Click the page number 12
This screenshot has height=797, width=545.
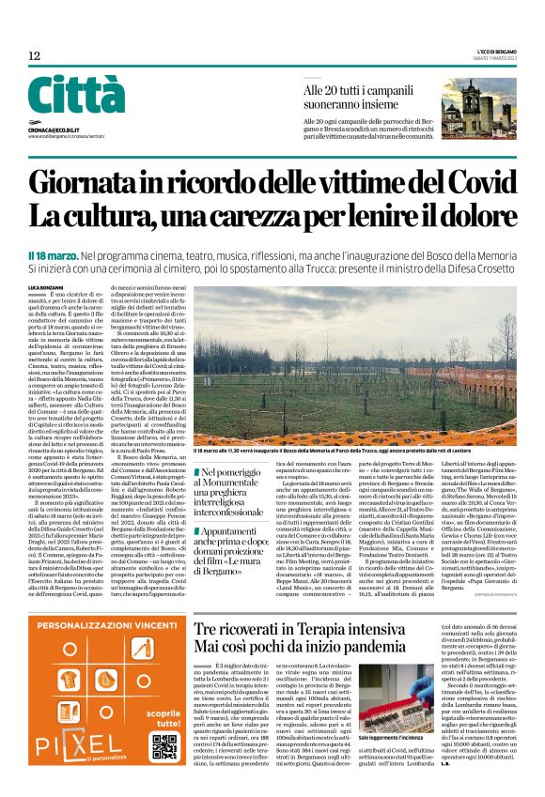coord(34,56)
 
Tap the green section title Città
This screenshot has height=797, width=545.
coord(63,96)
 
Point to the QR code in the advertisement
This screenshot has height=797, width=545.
coord(162,747)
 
